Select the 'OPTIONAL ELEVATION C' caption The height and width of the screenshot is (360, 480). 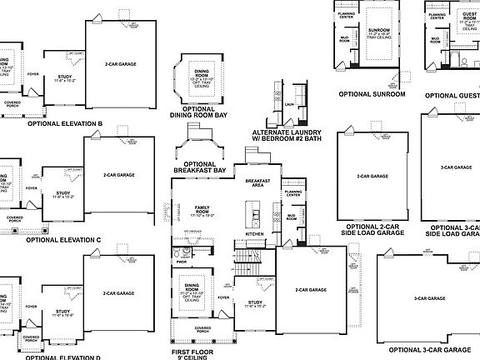[x=63, y=240]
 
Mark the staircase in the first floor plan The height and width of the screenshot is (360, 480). [x=242, y=266]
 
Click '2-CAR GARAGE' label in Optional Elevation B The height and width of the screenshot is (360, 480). [x=121, y=63]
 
